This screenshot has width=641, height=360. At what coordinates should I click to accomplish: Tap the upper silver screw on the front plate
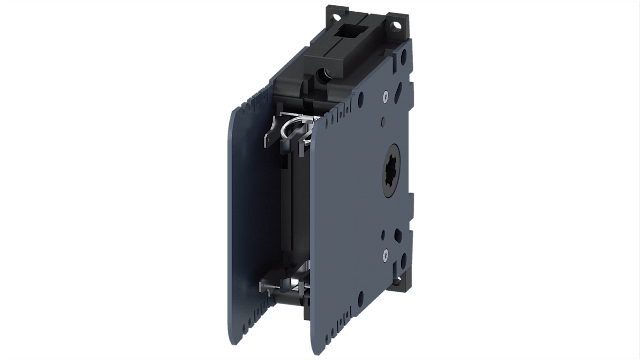pos(385,95)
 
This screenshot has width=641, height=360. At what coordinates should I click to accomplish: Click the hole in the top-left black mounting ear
pos(334,18)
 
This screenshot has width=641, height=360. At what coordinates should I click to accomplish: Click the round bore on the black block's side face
pos(324,72)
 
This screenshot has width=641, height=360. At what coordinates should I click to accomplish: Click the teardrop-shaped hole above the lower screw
pos(398,234)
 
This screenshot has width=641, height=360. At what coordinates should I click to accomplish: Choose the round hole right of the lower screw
pos(403,259)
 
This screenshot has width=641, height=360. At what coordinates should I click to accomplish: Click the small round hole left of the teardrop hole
pos(383,235)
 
